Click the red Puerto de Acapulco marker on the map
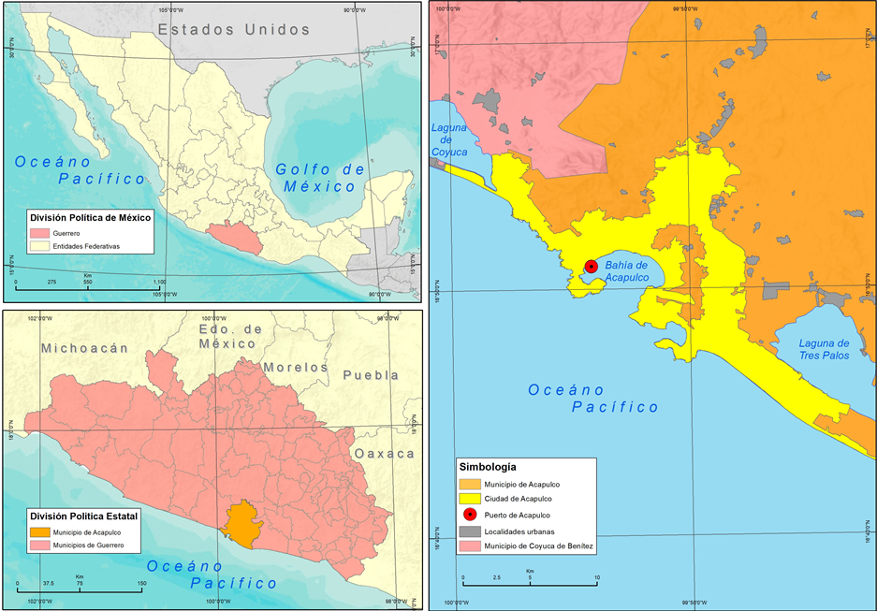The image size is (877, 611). coord(591,267)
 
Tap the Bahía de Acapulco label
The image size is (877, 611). coord(626,271)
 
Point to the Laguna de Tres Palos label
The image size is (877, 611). coord(824,349)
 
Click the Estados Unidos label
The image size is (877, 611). coord(233,30)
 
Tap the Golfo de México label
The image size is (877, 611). coord(320,177)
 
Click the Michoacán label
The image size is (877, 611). coord(83,348)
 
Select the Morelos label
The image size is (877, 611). coord(296,367)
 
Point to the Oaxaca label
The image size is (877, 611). coord(384,453)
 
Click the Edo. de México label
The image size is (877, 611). coord(230,337)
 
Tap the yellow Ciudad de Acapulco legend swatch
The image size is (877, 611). coord(470,499)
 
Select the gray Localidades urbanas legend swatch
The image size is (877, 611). coord(470,530)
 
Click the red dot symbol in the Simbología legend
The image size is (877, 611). coord(470,515)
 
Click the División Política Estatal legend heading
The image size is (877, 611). coord(83,516)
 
